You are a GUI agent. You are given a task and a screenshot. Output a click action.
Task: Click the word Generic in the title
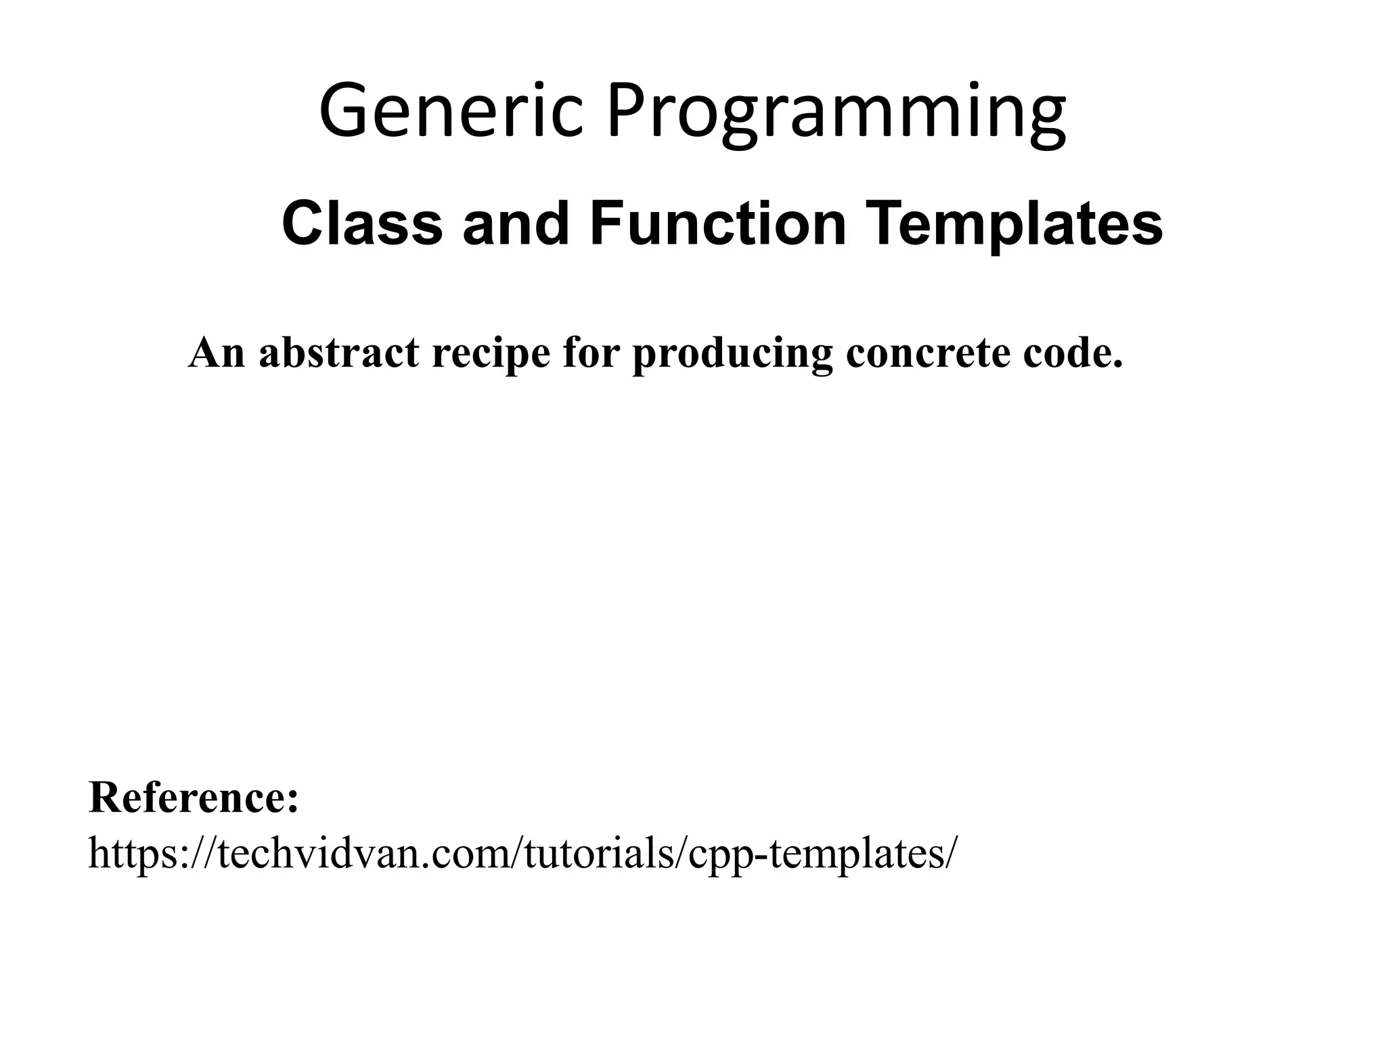(x=451, y=110)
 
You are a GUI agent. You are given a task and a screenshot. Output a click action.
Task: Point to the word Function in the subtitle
(x=718, y=223)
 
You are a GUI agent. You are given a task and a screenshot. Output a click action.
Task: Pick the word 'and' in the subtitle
(x=516, y=223)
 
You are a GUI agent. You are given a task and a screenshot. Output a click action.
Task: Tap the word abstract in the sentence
(x=338, y=353)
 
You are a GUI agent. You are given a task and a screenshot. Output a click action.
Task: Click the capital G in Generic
(x=345, y=110)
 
